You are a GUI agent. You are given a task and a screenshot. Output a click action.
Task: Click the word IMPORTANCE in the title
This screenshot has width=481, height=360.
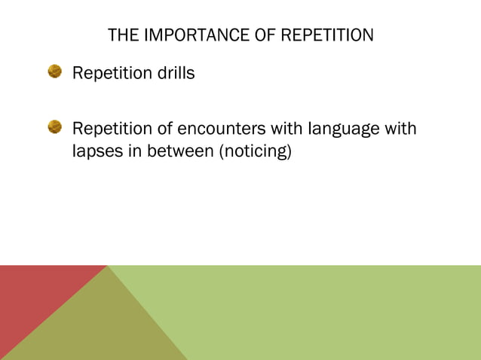click(x=183, y=35)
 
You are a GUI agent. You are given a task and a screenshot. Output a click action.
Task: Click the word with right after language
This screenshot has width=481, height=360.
click(x=400, y=129)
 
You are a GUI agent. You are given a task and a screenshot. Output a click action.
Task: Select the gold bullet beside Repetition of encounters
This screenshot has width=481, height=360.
click(x=55, y=127)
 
